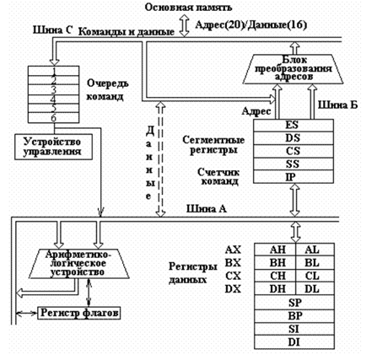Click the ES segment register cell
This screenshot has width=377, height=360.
(x=294, y=126)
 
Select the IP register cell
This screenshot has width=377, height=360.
(x=294, y=176)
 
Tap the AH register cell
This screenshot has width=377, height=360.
(x=275, y=250)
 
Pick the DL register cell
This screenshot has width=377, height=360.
(x=315, y=288)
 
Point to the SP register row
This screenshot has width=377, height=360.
(x=294, y=303)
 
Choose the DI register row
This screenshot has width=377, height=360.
(x=294, y=342)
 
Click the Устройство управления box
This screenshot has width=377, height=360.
(x=53, y=147)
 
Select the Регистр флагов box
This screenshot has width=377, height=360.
(x=79, y=313)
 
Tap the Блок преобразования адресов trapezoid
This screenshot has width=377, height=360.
(x=294, y=69)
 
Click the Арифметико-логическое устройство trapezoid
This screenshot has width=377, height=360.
(x=79, y=264)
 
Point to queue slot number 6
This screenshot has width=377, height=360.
(x=53, y=118)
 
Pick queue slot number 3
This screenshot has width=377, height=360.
(x=53, y=90)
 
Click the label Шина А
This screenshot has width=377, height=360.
(x=207, y=209)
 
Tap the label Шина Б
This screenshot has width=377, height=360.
(x=337, y=105)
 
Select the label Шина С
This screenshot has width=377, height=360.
(x=53, y=30)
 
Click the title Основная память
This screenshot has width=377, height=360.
(x=188, y=8)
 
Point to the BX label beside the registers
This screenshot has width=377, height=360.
(x=233, y=263)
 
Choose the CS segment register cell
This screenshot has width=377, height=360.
(x=294, y=151)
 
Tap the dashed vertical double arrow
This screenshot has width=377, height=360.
(x=160, y=159)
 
